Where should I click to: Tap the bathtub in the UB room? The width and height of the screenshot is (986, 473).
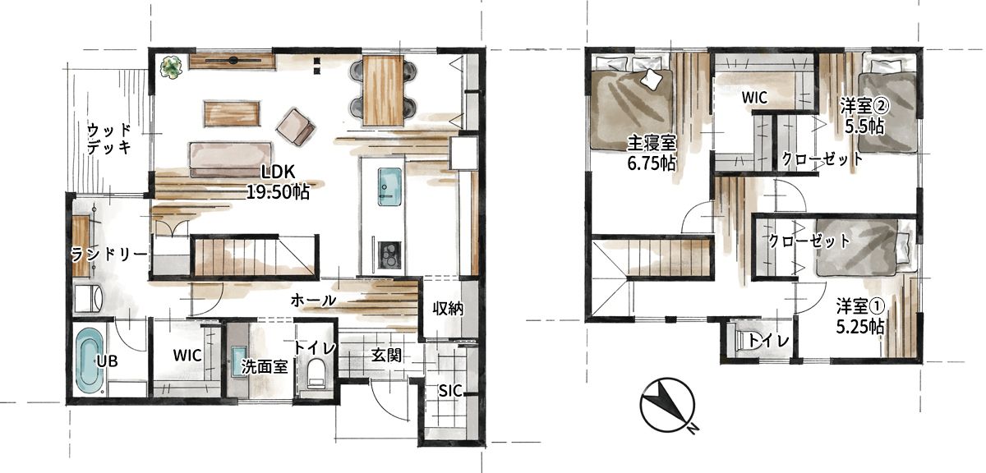[90, 360]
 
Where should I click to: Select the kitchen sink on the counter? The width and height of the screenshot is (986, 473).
[389, 186]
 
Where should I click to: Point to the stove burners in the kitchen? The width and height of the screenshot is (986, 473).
[389, 255]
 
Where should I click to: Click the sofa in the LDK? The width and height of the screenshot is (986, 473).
[230, 159]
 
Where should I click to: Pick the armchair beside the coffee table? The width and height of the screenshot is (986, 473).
[295, 126]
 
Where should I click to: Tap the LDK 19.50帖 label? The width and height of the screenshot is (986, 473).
[278, 182]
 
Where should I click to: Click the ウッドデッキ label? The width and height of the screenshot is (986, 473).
[109, 139]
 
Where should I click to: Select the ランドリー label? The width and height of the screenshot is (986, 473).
[109, 255]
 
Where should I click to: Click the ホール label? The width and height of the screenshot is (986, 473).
[313, 301]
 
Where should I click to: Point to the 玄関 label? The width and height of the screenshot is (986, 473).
[386, 355]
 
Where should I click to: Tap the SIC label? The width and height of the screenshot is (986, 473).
[450, 390]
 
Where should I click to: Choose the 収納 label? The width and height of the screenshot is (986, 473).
[447, 309]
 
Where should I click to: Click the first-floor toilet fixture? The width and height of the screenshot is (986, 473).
[316, 374]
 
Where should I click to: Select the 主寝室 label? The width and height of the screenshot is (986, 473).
[652, 144]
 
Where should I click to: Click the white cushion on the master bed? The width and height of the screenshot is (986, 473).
[651, 80]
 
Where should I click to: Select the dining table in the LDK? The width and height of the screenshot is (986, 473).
[383, 90]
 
